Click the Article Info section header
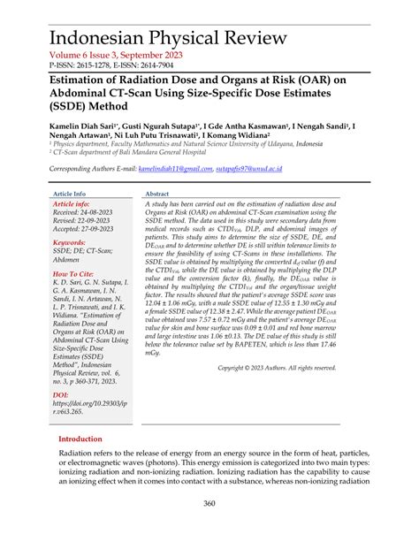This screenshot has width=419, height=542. click(70, 193)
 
